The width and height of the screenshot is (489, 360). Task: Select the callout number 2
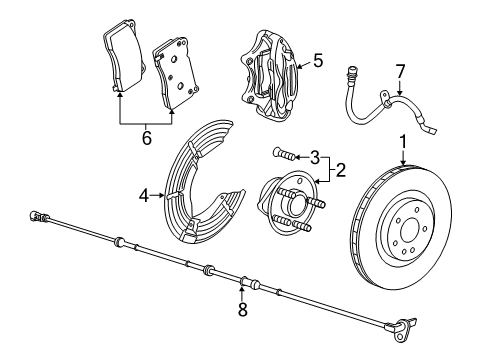click(340, 171)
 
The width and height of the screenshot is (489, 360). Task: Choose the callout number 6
click(147, 137)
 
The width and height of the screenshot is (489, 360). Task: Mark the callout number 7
click(400, 72)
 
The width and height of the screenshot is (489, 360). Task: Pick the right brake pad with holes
click(174, 76)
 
